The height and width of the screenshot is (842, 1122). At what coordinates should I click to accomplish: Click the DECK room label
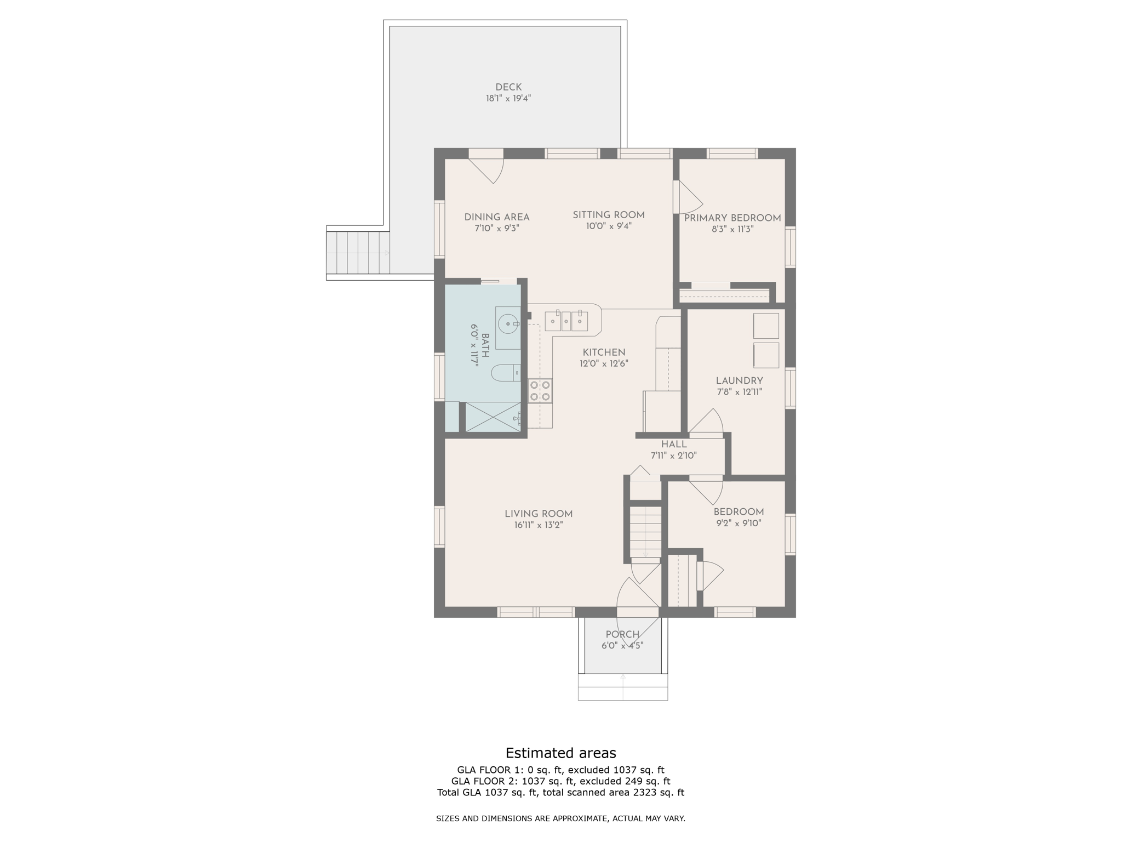tap(508, 87)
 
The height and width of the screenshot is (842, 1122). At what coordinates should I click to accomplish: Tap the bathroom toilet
tap(506, 373)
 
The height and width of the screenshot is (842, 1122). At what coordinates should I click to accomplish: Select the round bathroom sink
tap(508, 328)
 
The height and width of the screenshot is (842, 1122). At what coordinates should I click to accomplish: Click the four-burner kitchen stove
tap(540, 391)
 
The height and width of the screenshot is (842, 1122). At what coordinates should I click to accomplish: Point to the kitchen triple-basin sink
tap(566, 321)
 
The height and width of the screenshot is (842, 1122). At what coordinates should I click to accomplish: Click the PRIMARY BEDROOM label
tap(732, 218)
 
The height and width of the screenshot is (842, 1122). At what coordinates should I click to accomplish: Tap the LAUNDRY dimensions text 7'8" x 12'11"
tap(739, 392)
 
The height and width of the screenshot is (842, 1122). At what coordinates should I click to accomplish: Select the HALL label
tap(674, 445)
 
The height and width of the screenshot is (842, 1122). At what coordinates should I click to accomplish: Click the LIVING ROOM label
tap(539, 514)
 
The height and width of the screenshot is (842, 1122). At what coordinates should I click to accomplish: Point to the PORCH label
tap(622, 634)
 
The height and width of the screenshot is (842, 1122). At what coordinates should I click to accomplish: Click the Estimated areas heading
tap(560, 753)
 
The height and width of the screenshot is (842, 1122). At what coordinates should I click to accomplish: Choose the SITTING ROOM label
tap(609, 215)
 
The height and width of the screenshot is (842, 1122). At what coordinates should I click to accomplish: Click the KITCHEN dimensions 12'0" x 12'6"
tap(604, 363)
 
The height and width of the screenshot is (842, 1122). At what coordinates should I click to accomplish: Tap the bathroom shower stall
tap(493, 417)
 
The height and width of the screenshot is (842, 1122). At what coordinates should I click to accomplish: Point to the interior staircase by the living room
tap(645, 532)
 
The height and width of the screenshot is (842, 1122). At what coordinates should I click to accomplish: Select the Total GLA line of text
tap(560, 792)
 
